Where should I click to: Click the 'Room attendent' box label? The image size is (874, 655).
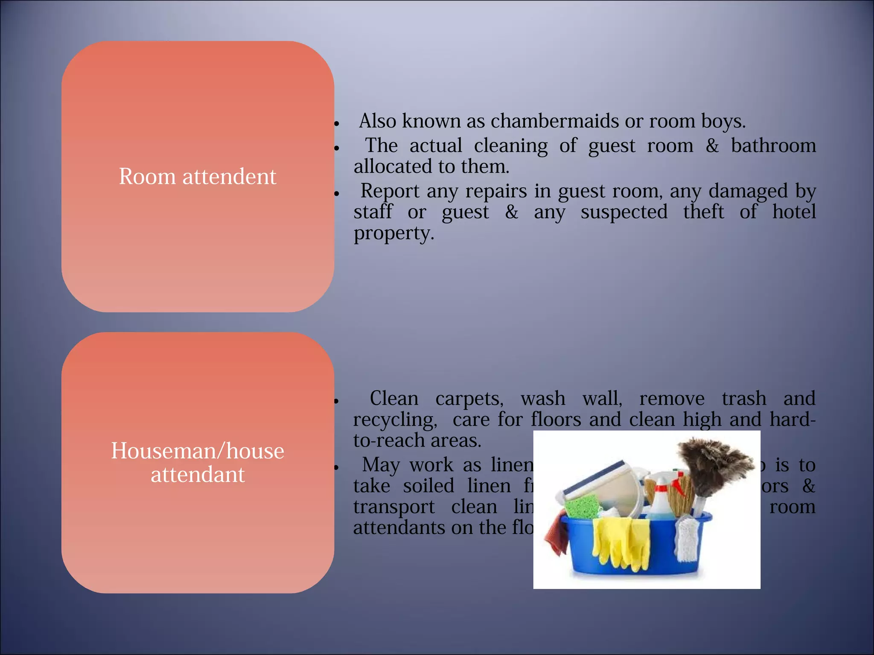pyautogui.click(x=197, y=177)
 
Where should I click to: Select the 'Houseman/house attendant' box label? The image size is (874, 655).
pyautogui.click(x=197, y=463)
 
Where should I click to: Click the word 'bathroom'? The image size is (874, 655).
pyautogui.click(x=773, y=145)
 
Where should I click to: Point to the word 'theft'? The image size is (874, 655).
pyautogui.click(x=703, y=212)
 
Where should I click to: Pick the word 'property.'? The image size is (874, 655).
pyautogui.click(x=393, y=233)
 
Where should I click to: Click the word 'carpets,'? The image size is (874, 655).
pyautogui.click(x=469, y=399)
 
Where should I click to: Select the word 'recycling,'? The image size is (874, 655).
pyautogui.click(x=395, y=420)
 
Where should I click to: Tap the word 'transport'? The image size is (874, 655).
pyautogui.click(x=393, y=507)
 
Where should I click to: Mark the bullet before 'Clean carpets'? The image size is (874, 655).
pyautogui.click(x=336, y=401)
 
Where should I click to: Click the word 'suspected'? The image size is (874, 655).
pyautogui.click(x=623, y=212)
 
